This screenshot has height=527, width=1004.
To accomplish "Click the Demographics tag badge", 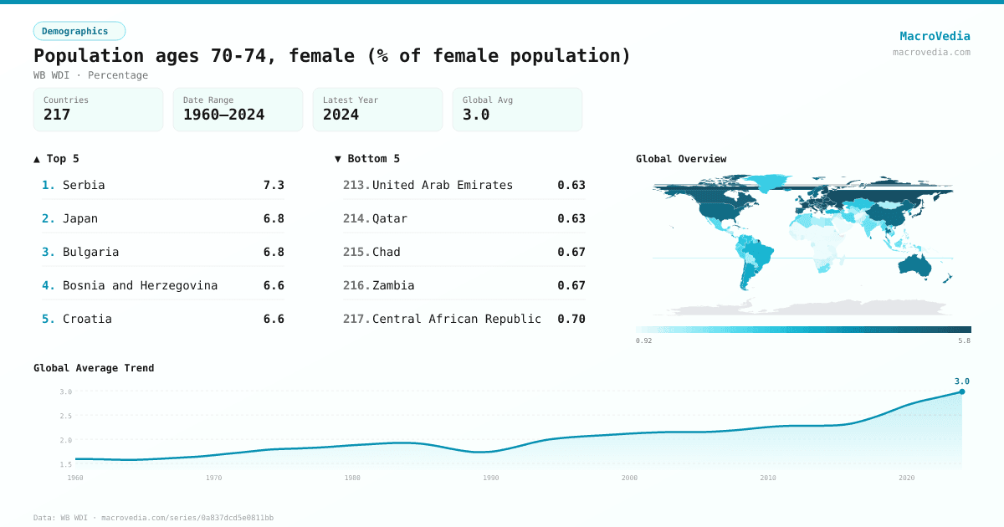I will tap(79, 31).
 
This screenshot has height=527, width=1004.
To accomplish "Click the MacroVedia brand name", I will tap(935, 36).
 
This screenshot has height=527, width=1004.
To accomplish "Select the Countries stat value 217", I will tap(57, 115).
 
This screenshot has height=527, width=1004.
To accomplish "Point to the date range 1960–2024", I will tap(223, 115).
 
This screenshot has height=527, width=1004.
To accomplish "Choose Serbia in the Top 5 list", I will tap(84, 185).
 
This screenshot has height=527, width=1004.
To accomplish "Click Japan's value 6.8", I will tap(274, 218).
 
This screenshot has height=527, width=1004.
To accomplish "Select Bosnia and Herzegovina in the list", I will tap(140, 285).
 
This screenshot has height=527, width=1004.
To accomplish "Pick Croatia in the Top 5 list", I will tap(87, 319).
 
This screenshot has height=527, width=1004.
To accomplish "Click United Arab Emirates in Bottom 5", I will tap(442, 185).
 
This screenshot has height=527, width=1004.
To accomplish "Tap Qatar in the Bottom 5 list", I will tap(390, 218).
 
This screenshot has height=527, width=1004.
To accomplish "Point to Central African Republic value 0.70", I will tap(571, 319).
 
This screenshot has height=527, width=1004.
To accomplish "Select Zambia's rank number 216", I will tap(356, 285).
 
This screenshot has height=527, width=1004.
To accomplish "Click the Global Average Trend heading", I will tap(94, 368).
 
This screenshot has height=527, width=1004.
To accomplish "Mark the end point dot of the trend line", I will tap(962, 391).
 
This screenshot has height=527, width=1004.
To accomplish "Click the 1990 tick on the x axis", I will tap(491, 478).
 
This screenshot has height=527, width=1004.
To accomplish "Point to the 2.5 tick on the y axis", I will tap(66, 416).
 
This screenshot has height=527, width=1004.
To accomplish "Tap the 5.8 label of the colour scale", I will tap(964, 340).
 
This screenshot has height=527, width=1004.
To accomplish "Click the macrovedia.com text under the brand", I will tap(931, 52).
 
